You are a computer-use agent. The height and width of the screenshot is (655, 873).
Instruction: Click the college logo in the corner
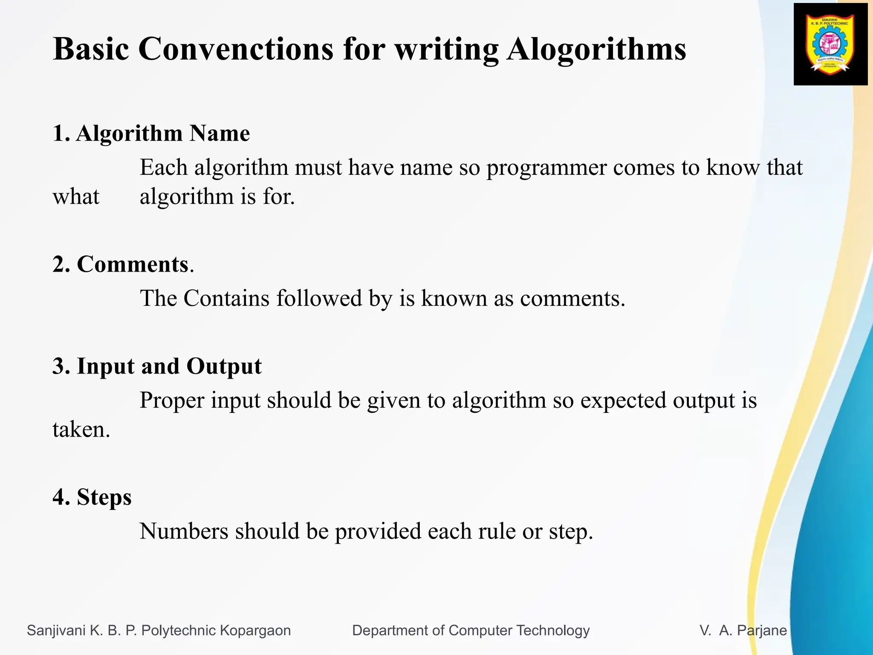click(830, 44)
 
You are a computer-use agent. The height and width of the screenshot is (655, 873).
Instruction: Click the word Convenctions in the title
click(236, 49)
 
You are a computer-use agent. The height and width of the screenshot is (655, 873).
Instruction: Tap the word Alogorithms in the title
click(596, 49)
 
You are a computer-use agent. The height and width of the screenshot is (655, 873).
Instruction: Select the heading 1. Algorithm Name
click(151, 133)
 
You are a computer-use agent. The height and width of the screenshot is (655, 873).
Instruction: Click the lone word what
click(76, 197)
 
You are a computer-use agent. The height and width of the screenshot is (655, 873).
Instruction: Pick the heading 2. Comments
click(123, 264)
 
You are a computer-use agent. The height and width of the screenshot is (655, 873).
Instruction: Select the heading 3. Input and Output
click(157, 366)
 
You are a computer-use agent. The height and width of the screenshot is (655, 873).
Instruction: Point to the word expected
click(623, 401)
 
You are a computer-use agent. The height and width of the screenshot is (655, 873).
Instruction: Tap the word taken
click(81, 429)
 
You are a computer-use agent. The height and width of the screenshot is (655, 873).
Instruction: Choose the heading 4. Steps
click(92, 497)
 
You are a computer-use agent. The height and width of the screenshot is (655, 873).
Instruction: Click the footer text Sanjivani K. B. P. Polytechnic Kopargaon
click(159, 630)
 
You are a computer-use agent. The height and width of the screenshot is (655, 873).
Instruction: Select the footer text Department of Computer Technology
click(471, 630)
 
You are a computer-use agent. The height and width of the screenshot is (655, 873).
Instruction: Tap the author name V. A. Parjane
click(743, 630)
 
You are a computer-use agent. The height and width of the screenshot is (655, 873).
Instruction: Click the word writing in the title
click(446, 49)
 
